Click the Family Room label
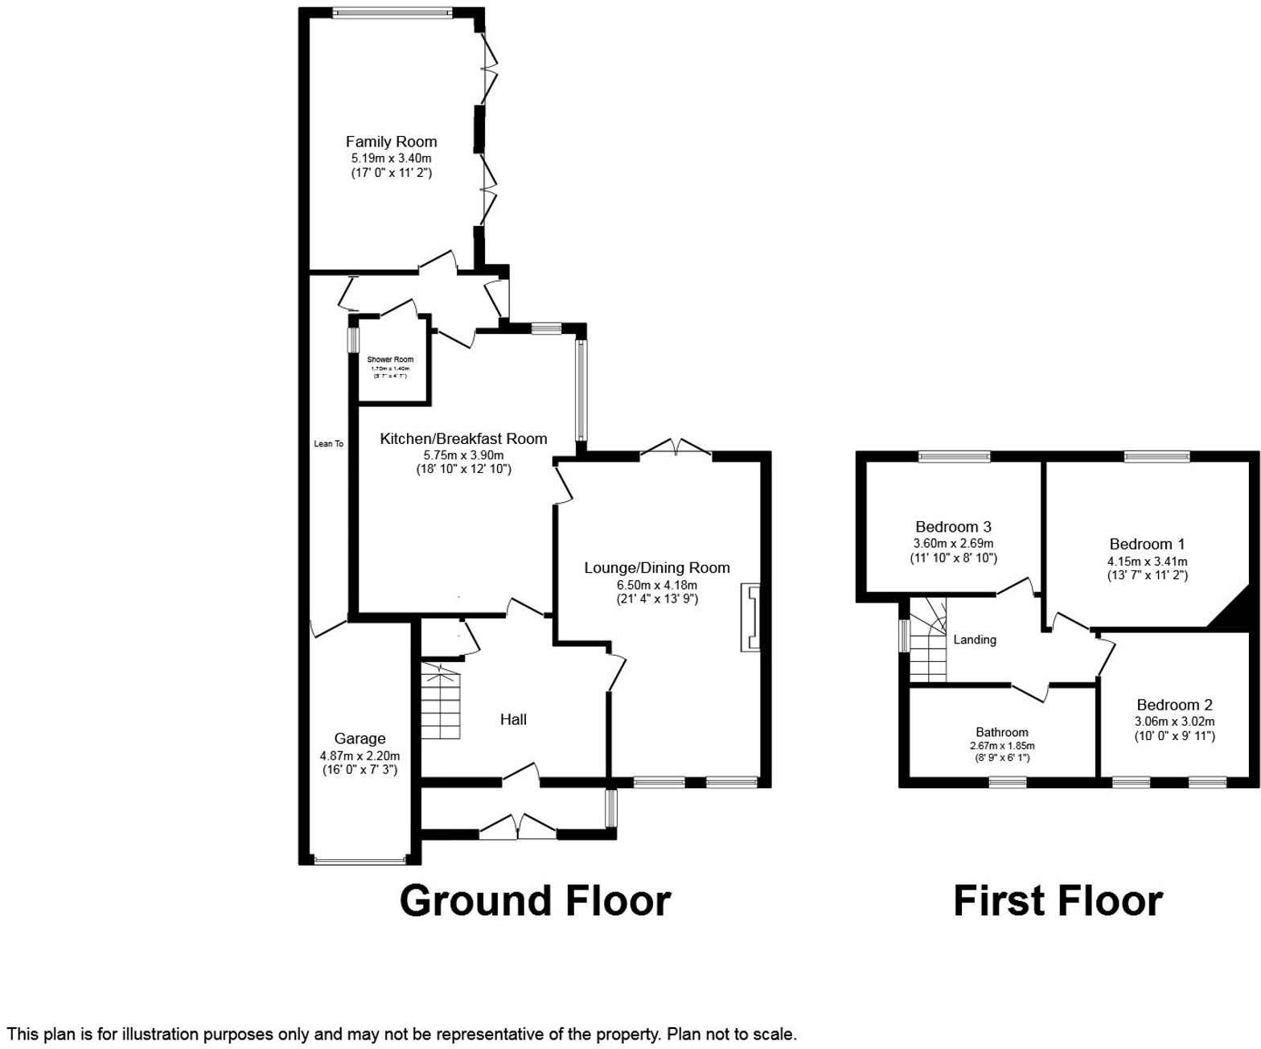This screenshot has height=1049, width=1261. coord(391,142)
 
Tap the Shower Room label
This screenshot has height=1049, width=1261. coord(390,360)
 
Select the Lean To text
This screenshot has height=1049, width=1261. coord(328,443)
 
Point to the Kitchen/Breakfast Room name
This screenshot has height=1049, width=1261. coord(463,438)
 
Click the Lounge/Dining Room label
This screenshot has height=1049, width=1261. coord(656,568)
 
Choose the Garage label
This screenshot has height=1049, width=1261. coord(359,738)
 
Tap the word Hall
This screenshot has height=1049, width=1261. coord(513,719)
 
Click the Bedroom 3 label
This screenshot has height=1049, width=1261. coord(953,527)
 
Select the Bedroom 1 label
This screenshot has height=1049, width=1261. coord(1147,544)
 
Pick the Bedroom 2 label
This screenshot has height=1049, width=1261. coord(1174,705)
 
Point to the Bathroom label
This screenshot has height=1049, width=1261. coord(1002,732)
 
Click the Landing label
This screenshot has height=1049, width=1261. coord(975,640)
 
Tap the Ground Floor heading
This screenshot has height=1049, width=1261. coord(535,900)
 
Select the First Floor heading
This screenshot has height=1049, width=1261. coord(1058,900)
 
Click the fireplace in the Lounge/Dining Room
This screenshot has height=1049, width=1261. coord(750,617)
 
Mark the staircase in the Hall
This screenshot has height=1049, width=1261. coord(441,701)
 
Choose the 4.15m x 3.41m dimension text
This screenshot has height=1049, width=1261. coord(1147,561)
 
